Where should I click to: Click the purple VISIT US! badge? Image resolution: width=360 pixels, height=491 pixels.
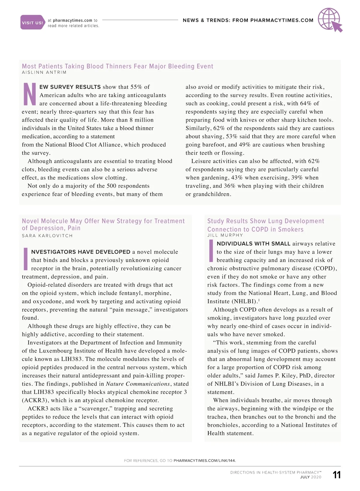32,22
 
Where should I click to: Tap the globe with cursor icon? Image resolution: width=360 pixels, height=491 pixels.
330,19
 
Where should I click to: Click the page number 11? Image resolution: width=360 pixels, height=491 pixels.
337,475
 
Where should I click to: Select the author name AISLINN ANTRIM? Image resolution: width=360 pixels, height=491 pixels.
44,73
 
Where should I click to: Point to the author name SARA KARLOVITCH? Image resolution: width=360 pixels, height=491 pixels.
47,236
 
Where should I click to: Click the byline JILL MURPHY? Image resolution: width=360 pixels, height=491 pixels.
225,235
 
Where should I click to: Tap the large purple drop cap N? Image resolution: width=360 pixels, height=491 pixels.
29,94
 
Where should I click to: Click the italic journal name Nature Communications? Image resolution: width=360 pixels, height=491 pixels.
138,384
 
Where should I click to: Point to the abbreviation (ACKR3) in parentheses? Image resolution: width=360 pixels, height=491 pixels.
35,400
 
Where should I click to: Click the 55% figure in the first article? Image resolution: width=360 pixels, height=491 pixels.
136,87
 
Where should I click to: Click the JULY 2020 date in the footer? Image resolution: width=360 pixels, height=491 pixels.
310,477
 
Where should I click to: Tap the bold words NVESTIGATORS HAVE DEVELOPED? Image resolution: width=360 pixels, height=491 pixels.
81,252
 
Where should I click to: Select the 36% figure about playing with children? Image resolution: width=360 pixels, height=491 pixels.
229,186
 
